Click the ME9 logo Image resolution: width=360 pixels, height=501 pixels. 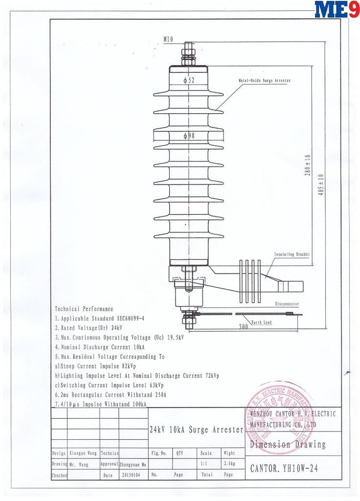click(336, 9)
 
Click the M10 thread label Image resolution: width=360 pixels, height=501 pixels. click(168, 39)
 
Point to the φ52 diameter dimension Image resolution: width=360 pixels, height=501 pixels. click(189, 80)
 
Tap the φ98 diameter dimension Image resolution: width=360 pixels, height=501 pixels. click(189, 136)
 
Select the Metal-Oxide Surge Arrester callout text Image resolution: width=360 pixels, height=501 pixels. click(264, 80)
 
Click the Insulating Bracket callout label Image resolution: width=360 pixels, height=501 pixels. click(291, 254)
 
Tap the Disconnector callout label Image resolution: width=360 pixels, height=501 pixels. click(287, 304)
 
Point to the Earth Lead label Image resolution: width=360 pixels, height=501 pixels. click(261, 322)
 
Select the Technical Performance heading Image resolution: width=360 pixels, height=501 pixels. click(84, 309)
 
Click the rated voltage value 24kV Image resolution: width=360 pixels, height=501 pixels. click(117, 328)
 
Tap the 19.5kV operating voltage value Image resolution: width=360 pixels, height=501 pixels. click(175, 338)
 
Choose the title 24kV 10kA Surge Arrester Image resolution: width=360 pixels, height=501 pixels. click(196, 430)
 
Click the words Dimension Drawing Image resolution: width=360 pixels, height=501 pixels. click(288, 444)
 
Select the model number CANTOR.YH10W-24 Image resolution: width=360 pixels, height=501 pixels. click(284, 468)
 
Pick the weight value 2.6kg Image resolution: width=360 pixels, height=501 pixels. click(229, 464)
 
